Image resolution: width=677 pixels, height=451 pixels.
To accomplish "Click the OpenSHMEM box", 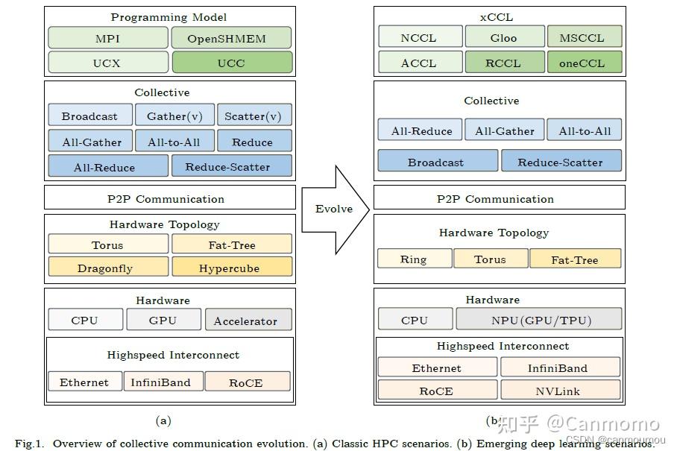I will (x=231, y=38).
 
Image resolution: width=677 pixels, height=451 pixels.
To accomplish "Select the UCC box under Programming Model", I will (x=231, y=63).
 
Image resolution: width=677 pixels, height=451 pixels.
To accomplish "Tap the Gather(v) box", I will (x=174, y=116).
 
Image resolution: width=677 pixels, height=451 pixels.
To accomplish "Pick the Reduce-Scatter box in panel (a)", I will (x=231, y=167).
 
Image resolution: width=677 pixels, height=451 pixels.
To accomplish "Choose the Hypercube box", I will (x=231, y=268).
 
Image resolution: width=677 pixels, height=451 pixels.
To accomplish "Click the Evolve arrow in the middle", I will (x=334, y=209).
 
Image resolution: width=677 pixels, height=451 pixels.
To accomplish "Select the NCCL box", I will (x=418, y=37).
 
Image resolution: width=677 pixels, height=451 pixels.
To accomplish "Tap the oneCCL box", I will (x=584, y=63).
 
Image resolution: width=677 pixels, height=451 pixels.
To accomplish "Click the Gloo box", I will (x=503, y=37).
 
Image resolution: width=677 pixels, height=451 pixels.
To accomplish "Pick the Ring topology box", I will (x=414, y=259).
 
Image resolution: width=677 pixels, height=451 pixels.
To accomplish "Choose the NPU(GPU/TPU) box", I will (x=538, y=320).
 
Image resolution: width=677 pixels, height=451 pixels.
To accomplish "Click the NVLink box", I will (x=560, y=391).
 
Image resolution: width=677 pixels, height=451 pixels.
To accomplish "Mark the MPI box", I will (x=107, y=38).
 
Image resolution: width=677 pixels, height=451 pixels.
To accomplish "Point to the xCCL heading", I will (x=498, y=16).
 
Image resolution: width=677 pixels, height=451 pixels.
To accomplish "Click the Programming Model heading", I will (x=169, y=16).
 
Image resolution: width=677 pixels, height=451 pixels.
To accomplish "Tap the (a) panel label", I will (x=163, y=420).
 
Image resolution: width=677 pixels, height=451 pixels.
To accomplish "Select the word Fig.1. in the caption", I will (x=30, y=444).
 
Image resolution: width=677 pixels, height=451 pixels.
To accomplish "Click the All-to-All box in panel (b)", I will (x=584, y=130).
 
